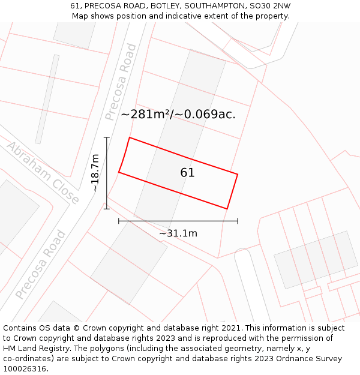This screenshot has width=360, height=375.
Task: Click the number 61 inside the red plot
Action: click(x=187, y=173)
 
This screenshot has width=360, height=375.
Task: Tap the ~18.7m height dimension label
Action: click(x=95, y=173)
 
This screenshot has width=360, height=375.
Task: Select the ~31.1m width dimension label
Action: click(x=178, y=233)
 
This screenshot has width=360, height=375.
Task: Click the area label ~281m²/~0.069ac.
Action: click(x=178, y=114)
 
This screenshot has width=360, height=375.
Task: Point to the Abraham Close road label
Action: click(x=43, y=173)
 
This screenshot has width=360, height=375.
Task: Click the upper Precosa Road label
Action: click(x=121, y=82)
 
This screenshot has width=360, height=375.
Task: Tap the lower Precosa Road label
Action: click(x=40, y=264)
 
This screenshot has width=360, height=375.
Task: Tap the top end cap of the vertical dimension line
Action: click(x=107, y=138)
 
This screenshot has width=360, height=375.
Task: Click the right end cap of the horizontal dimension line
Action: click(x=238, y=221)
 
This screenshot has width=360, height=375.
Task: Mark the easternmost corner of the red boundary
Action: click(x=238, y=175)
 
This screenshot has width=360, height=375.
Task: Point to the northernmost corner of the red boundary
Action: click(x=130, y=138)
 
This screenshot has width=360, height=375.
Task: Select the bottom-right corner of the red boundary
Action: click(x=227, y=209)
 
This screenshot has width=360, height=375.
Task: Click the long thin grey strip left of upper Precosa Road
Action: click(x=47, y=99)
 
